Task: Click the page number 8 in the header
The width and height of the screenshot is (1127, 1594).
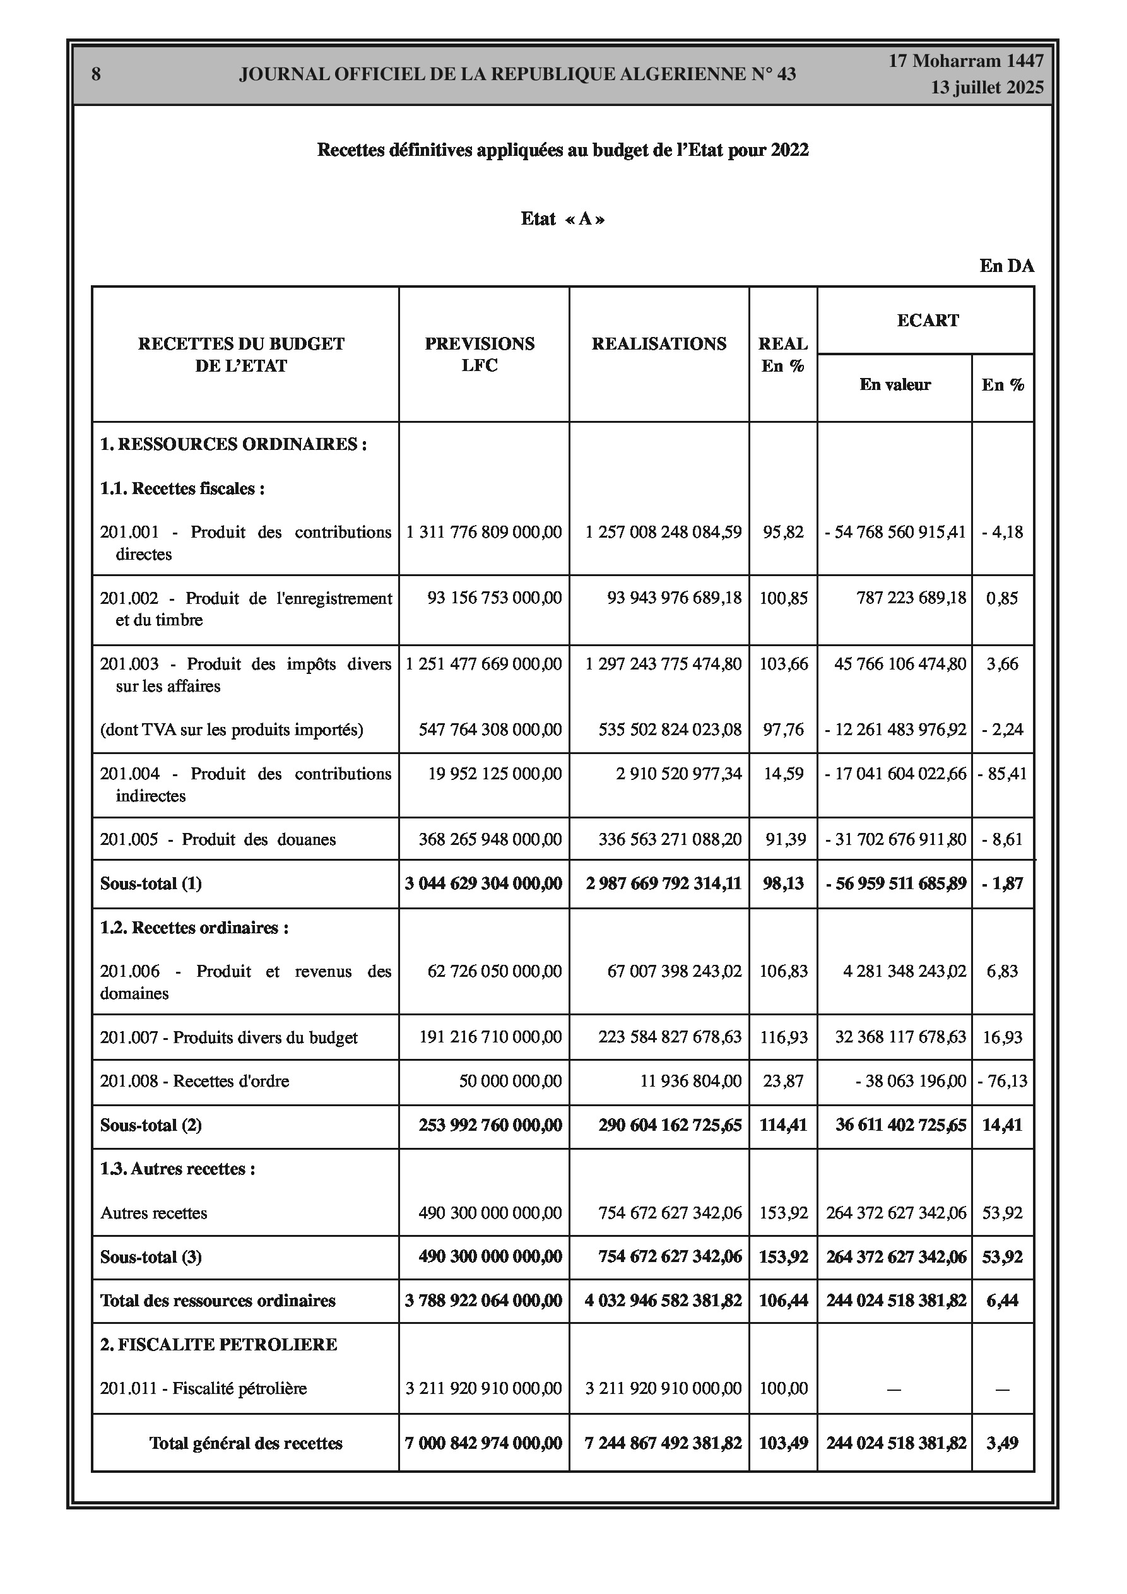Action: pos(96,74)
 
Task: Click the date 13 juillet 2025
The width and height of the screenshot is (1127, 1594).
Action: pos(988,88)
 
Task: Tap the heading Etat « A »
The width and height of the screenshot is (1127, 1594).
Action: pos(562,220)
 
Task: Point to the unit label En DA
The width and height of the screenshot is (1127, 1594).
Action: pos(1007,266)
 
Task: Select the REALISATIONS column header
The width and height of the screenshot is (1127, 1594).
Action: pos(659,344)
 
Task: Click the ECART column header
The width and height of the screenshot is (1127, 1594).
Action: pos(928,320)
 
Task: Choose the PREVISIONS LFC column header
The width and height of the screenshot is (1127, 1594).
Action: pos(480,354)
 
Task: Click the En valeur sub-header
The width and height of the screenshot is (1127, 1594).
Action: pos(894,384)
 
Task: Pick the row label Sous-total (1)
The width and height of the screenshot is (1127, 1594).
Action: pos(151,884)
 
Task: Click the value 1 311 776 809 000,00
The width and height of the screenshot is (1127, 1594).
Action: pos(484,533)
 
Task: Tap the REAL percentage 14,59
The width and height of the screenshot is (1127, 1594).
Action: pos(783,774)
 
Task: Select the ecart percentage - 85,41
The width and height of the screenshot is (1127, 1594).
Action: pos(1002,774)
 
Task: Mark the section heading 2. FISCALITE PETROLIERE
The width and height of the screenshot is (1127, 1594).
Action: pos(218,1345)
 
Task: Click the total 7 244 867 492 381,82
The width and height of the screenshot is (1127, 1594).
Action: pos(663,1443)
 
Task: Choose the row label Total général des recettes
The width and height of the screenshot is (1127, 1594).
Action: pos(246,1443)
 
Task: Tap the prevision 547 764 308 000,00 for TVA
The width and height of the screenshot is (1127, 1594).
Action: pos(490,729)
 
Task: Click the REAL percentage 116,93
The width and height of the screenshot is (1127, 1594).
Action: pos(783,1037)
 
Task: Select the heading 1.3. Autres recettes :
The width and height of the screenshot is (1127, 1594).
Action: pos(178,1169)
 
